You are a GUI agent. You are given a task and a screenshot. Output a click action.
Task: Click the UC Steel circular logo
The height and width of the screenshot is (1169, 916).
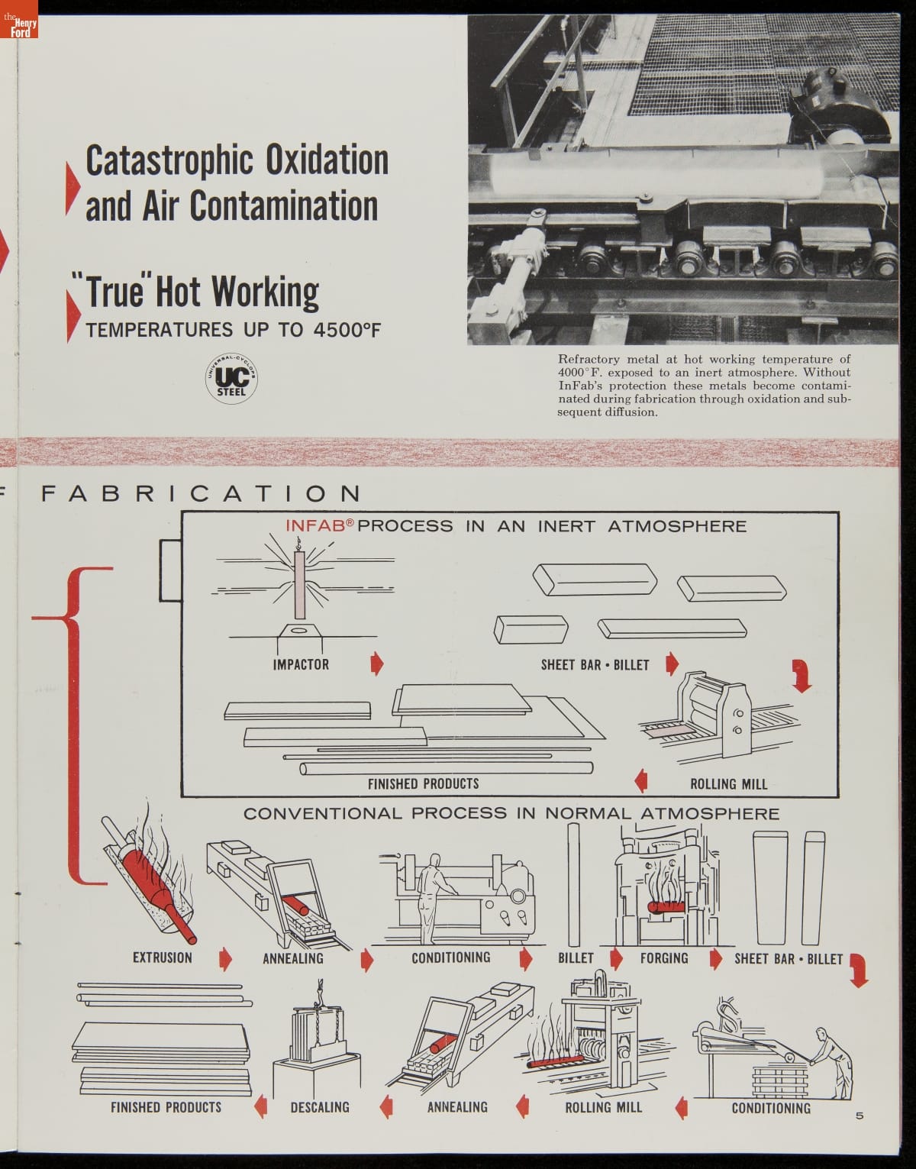[x=232, y=377]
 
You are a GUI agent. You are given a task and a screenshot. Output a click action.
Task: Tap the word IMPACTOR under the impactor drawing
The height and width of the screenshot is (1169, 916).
[x=301, y=664]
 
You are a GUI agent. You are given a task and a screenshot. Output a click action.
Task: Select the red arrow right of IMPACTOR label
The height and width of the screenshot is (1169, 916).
[x=376, y=664]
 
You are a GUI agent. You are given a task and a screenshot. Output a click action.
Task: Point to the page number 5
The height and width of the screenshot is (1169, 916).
[x=860, y=1116]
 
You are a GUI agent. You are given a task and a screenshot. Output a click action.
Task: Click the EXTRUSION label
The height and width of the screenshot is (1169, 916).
[x=162, y=957]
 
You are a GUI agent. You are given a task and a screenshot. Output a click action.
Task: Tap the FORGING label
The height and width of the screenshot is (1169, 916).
[x=663, y=958]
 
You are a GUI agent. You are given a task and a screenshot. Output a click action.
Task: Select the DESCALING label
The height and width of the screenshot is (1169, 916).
[x=320, y=1107]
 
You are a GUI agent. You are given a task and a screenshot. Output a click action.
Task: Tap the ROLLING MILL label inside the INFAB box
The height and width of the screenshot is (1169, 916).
[x=728, y=784]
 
